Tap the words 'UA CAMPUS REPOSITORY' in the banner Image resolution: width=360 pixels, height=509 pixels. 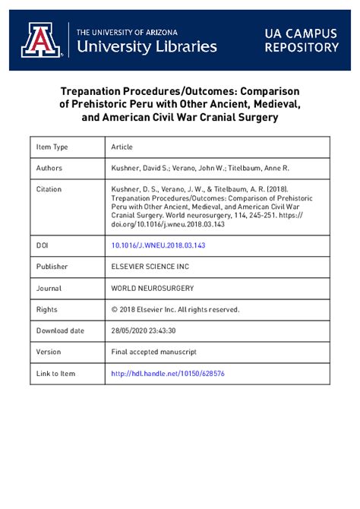302,40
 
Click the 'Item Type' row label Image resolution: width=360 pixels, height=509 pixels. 52,147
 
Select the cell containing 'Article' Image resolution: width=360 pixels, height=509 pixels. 122,147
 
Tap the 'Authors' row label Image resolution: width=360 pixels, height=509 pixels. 49,168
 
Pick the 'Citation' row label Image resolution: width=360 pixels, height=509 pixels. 50,189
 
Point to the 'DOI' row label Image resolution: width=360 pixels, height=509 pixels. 43,246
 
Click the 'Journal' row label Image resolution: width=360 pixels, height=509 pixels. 50,289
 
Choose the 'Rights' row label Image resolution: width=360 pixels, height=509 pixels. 47,310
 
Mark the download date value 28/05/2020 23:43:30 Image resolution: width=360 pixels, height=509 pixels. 144,331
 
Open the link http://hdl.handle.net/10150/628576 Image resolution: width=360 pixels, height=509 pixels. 168,374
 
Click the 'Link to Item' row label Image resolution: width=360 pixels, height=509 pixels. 56,374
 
